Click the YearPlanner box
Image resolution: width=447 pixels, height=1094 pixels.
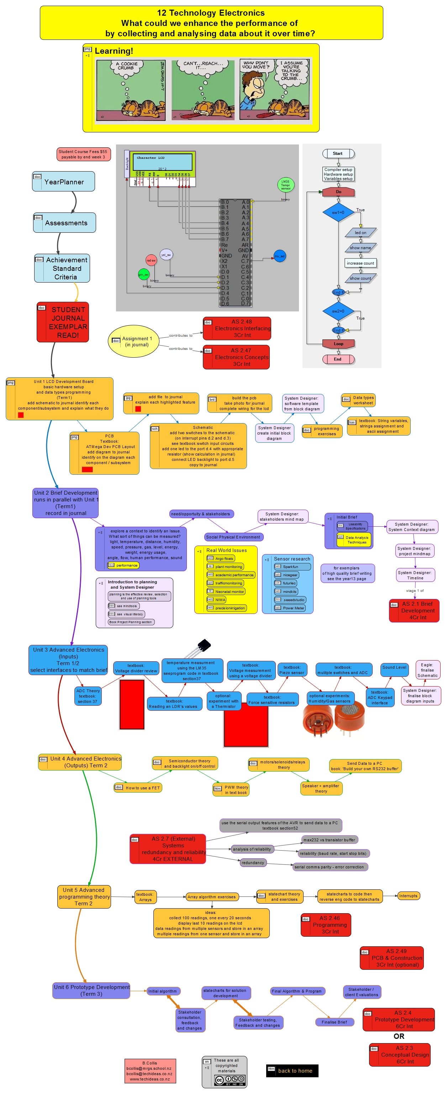tap(63, 182)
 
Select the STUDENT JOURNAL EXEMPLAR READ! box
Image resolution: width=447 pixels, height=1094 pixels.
tap(63, 322)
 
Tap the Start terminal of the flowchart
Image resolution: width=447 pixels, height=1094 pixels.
tap(338, 153)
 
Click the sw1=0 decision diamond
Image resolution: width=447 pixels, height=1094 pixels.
tap(338, 212)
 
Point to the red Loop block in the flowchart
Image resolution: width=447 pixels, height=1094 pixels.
tap(338, 343)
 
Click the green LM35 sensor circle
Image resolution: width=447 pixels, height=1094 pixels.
tap(285, 185)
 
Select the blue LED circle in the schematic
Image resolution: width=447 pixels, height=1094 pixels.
tap(279, 256)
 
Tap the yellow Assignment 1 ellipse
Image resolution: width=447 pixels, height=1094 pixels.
tap(133, 341)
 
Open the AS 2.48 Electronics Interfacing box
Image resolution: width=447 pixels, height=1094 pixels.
tap(237, 328)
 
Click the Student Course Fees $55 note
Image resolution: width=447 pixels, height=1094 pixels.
tap(84, 154)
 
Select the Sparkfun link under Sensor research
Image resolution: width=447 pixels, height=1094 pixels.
tap(292, 567)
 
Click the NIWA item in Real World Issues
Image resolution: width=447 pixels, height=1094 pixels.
tap(220, 600)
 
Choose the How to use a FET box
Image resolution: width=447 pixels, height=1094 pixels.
tap(138, 788)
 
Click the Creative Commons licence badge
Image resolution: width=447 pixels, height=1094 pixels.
tap(230, 1079)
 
